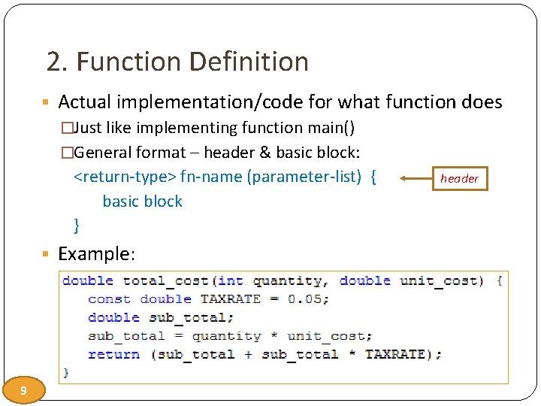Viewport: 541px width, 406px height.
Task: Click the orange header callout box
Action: [x=459, y=178]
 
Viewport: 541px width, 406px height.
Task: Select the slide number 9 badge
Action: [x=24, y=390]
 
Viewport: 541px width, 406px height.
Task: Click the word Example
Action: [x=95, y=254]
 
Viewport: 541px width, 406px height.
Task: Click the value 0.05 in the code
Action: [x=308, y=299]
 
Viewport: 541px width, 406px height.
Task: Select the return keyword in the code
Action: [x=113, y=354]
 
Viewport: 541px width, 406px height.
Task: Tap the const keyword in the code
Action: [x=109, y=299]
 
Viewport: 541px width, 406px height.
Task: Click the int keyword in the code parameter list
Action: [x=231, y=281]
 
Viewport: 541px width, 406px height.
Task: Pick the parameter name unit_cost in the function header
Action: [x=439, y=281]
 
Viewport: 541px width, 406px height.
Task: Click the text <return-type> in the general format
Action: [x=125, y=177]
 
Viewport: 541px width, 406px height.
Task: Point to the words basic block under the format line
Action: [x=142, y=201]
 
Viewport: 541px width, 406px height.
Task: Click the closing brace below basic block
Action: [x=77, y=225]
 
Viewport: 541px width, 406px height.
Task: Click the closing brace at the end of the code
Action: [x=67, y=372]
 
